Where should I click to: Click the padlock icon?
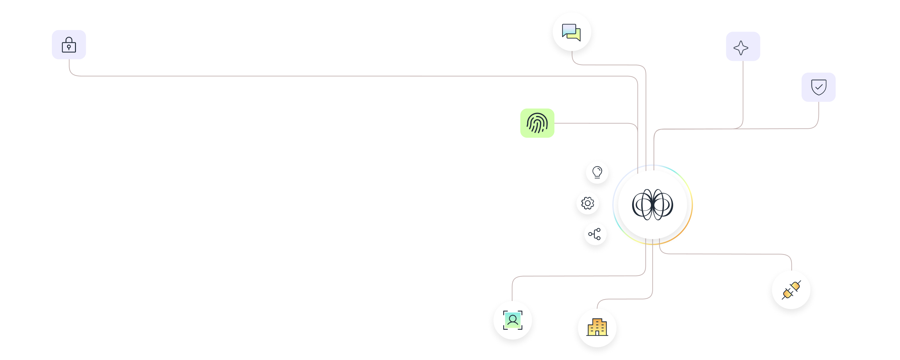69,45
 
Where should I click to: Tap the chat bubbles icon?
572,32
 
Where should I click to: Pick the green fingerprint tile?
537,123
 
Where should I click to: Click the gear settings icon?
587,203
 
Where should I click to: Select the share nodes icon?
595,234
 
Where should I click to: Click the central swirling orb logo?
652,205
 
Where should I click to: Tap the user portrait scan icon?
512,320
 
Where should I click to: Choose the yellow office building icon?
597,328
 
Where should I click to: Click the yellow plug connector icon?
791,290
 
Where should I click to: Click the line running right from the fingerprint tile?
594,123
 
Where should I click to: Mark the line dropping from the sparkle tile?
743,94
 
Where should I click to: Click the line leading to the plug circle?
727,254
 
